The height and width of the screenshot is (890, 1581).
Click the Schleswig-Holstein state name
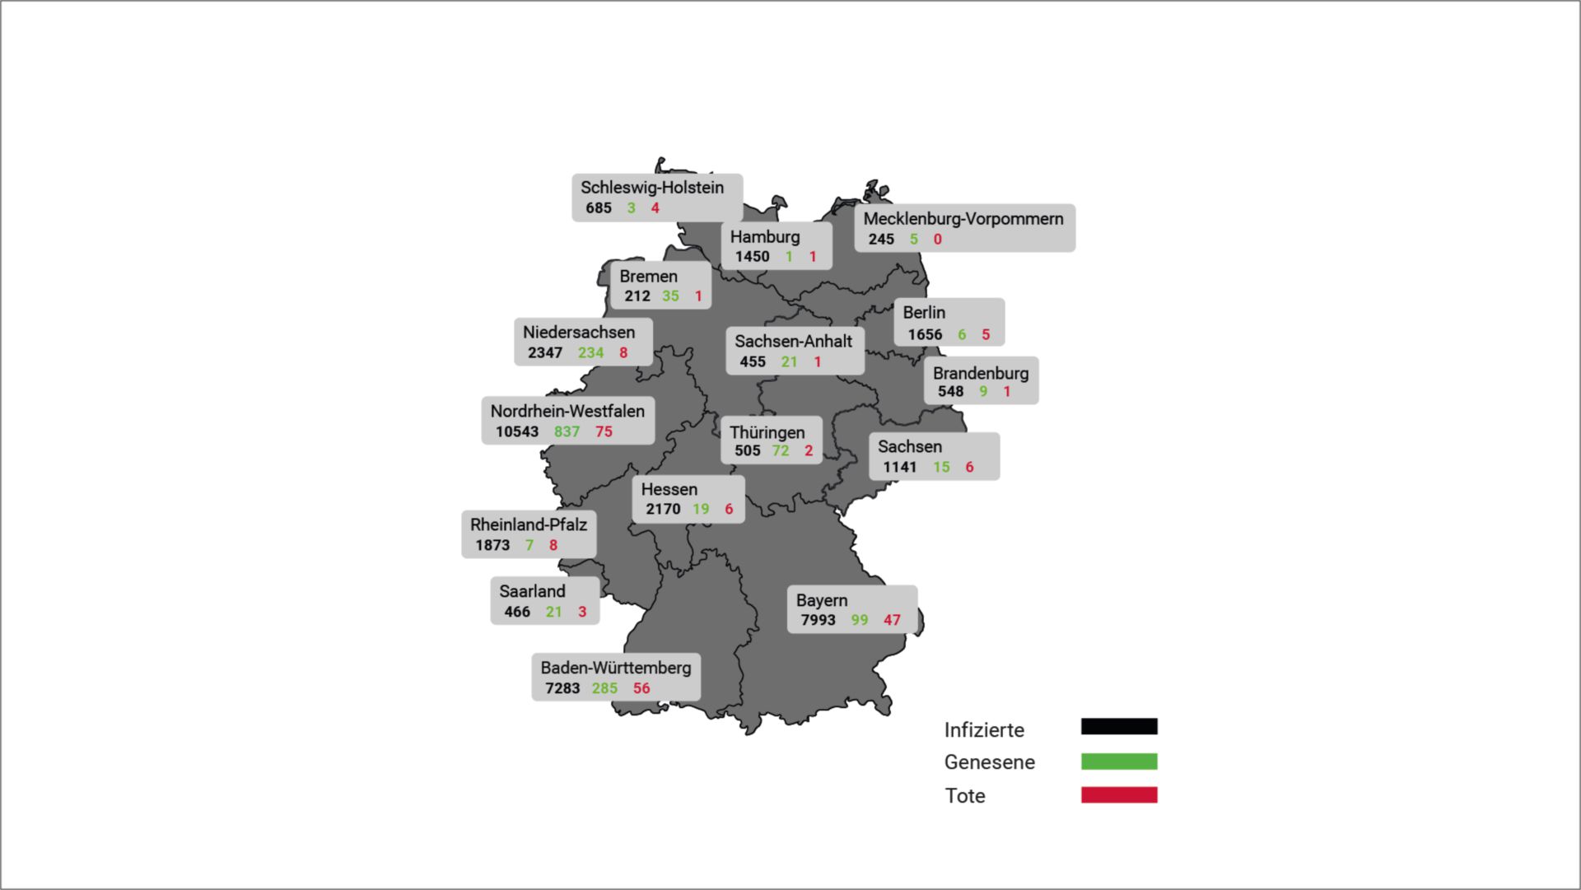(x=651, y=188)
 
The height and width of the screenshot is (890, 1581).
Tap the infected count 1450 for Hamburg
(x=752, y=257)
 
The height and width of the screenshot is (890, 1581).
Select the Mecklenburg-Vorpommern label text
(x=963, y=219)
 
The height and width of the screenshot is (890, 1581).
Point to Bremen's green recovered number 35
(x=670, y=296)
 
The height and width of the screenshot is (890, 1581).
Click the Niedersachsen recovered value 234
(x=590, y=353)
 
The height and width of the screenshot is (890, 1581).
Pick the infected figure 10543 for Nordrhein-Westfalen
(x=516, y=432)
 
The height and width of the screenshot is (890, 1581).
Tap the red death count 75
(x=604, y=432)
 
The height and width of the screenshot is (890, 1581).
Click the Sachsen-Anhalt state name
(x=793, y=342)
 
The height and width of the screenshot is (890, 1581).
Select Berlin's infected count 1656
(x=925, y=335)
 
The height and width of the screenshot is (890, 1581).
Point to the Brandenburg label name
(x=980, y=374)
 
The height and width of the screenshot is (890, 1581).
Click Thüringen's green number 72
(x=780, y=451)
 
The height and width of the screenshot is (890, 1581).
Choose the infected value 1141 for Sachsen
(x=899, y=468)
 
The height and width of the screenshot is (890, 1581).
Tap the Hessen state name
(x=669, y=490)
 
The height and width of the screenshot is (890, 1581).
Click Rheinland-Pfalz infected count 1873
(x=492, y=546)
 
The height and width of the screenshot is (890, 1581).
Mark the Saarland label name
(x=532, y=592)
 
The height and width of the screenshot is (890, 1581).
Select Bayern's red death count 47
(x=892, y=621)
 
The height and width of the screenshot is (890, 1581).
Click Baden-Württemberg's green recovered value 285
(x=604, y=688)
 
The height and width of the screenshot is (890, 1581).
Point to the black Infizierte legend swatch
(x=1118, y=726)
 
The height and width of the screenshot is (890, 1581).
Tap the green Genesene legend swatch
(x=1118, y=762)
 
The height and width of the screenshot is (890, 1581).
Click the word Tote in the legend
(x=964, y=796)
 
